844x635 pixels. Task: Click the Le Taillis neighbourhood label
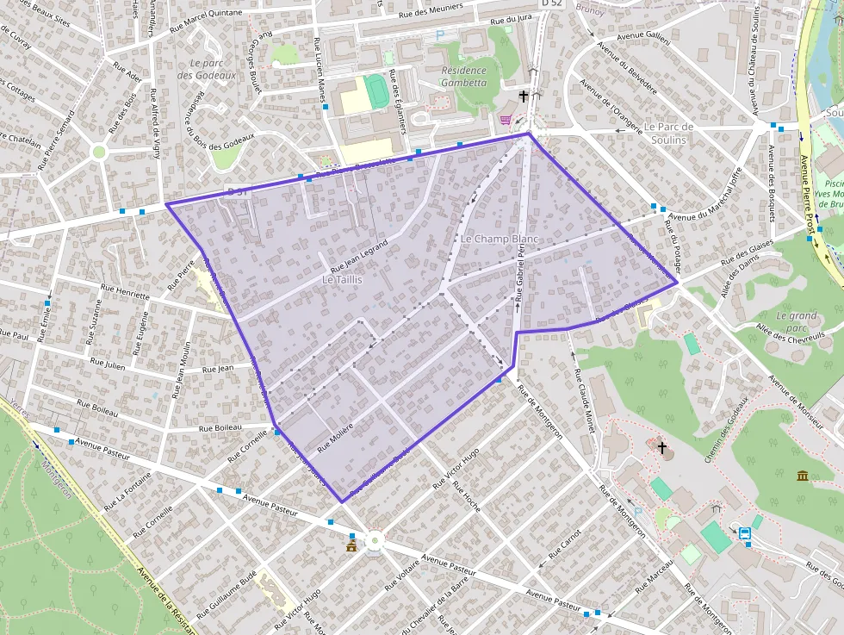coord(342,280)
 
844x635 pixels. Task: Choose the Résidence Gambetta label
coord(464,77)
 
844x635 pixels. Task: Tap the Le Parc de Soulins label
coord(668,133)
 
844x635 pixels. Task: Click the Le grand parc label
coord(797,321)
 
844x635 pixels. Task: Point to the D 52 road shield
coord(552,4)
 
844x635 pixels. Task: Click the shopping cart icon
coord(506,120)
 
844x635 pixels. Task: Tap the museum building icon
coord(803,476)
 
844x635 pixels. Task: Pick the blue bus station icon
coord(745,533)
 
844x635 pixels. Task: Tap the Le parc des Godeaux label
coord(207,69)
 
